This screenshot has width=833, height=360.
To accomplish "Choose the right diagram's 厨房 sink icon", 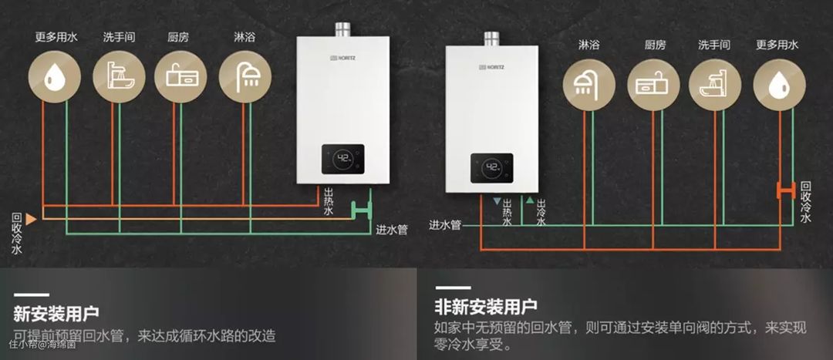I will [x=653, y=83].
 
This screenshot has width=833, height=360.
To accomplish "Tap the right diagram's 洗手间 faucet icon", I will [x=715, y=83].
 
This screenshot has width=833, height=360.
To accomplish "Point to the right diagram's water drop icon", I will [x=779, y=83].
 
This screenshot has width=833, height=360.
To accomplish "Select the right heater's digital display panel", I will [x=492, y=167].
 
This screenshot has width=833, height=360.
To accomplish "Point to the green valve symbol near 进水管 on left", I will [x=361, y=208].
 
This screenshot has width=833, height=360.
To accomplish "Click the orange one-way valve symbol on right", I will [x=786, y=190].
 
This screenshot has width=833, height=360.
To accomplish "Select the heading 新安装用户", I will [x=56, y=314].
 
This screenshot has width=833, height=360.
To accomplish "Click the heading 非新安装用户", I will [x=486, y=307].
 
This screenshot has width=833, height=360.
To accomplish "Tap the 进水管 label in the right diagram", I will [x=445, y=225].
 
